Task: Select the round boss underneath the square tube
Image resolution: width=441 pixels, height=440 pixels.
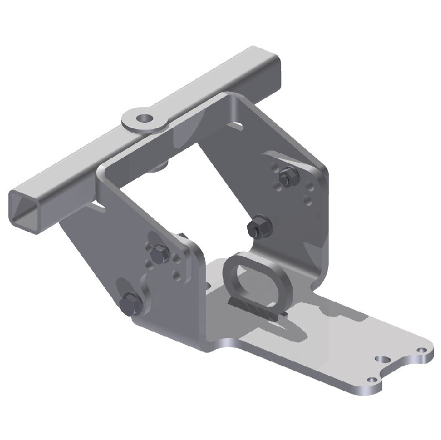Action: pos(160,164)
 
